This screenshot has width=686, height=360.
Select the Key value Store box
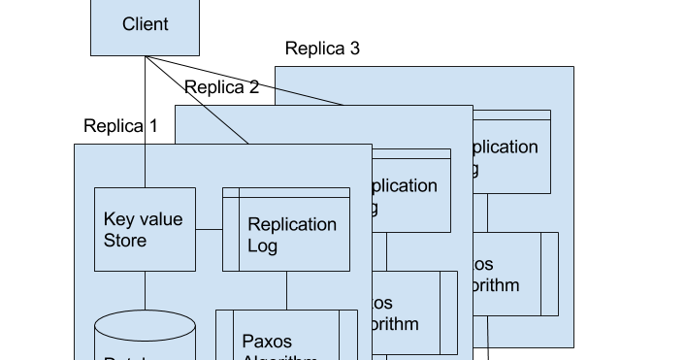tap(145, 229)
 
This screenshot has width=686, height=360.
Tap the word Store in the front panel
tap(125, 240)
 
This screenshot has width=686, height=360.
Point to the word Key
tap(119, 219)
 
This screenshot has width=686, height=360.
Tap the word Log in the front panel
tap(263, 246)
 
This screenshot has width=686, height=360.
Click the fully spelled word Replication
tap(292, 225)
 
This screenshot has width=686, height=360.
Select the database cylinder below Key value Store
tap(145, 338)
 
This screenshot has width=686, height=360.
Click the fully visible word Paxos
tap(267, 342)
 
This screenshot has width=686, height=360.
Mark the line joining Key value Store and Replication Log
tap(209, 230)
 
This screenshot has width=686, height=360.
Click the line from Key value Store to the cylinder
tap(146, 292)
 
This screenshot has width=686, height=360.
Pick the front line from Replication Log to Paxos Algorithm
tap(286, 290)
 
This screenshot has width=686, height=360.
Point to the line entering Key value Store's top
tap(146, 166)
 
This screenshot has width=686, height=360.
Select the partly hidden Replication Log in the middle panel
tap(411, 191)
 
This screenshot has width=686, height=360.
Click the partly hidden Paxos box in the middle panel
tap(415, 312)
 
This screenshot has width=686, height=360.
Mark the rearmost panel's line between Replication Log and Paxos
tap(487, 213)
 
